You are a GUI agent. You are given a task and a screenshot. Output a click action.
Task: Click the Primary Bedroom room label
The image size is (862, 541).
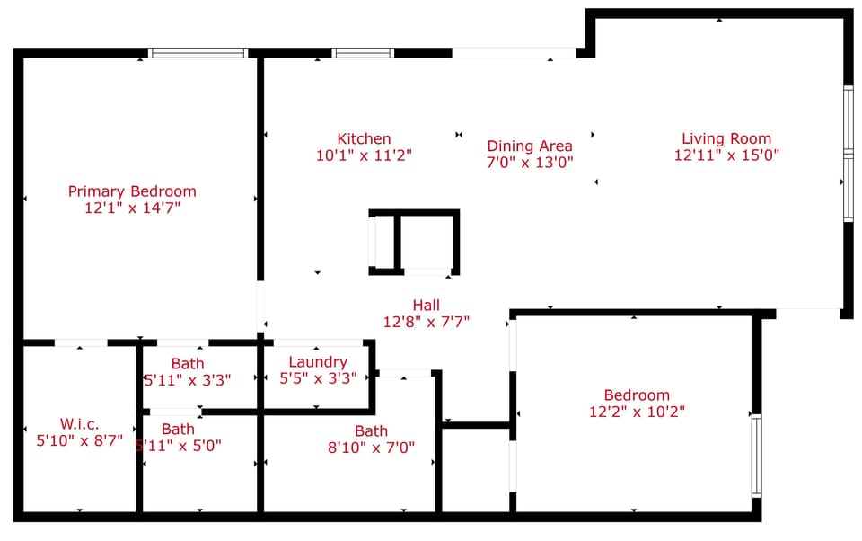coord(132,191)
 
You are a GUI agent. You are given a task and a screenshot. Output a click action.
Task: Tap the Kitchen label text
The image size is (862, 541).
coord(364,138)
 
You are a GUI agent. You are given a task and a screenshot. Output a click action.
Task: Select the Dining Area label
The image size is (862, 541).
coord(530,146)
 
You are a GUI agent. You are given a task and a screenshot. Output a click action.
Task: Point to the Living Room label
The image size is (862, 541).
coord(726,138)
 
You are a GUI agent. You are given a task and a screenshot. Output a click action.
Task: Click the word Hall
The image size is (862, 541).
coord(427,305)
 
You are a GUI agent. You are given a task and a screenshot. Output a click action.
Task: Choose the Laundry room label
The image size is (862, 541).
coord(318,362)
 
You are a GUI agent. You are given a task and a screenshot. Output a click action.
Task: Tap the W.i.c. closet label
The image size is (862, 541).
coord(79,424)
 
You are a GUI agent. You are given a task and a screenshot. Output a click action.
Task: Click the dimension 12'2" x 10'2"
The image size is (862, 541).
coord(637,412)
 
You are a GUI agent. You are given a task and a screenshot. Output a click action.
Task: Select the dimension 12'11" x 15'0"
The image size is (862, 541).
coord(726,155)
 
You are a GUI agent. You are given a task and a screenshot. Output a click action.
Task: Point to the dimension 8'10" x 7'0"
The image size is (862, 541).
coord(371,447)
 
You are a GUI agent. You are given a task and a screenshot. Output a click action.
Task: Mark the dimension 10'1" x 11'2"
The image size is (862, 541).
coord(364,155)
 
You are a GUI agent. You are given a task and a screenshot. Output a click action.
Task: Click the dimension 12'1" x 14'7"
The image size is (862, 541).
coord(132,208)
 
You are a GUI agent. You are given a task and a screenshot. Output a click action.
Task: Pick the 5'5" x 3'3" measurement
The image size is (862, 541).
coord(318,378)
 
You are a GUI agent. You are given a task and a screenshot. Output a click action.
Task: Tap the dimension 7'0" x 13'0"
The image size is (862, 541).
coord(530,162)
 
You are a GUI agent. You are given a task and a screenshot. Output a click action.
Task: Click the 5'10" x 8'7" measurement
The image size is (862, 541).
coord(79,440)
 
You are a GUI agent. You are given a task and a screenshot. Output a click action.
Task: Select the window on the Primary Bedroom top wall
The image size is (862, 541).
coord(198,53)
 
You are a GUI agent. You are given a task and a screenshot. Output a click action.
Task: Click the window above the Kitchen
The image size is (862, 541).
coord(363,53)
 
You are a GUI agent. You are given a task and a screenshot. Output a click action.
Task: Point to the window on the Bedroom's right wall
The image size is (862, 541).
coord(756,455)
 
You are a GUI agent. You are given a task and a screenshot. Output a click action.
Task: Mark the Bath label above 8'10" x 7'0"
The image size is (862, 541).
coord(371,431)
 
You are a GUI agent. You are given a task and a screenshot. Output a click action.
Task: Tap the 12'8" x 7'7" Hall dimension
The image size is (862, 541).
coord(427,321)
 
